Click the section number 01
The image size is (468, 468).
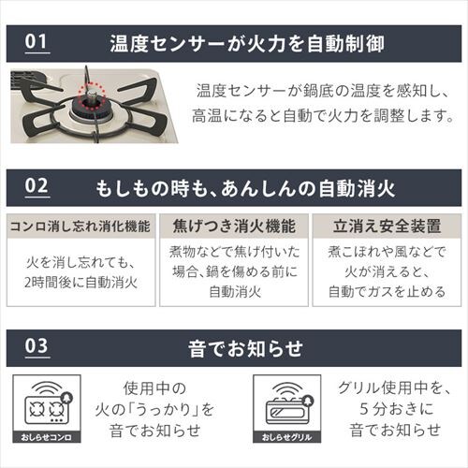[37, 42]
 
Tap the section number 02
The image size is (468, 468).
[37, 186]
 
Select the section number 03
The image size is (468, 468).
[37, 345]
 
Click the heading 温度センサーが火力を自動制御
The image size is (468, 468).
[247, 44]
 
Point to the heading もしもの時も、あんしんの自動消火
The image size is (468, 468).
[245, 188]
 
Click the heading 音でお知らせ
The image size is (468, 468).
[245, 348]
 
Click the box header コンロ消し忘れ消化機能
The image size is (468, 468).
[80, 227]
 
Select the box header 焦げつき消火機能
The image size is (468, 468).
[234, 227]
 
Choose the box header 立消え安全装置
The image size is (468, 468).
[387, 227]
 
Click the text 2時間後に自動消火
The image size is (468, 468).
[81, 283]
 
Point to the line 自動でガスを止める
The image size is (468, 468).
[387, 292]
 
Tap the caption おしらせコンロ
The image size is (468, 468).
[47, 437]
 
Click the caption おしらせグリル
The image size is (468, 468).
[286, 437]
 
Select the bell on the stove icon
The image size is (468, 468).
[67, 398]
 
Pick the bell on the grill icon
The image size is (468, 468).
[307, 401]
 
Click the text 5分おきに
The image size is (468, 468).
[396, 409]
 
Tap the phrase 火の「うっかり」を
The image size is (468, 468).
[154, 410]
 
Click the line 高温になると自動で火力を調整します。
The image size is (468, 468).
[323, 116]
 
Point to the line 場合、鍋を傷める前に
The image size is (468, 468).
[235, 271]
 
